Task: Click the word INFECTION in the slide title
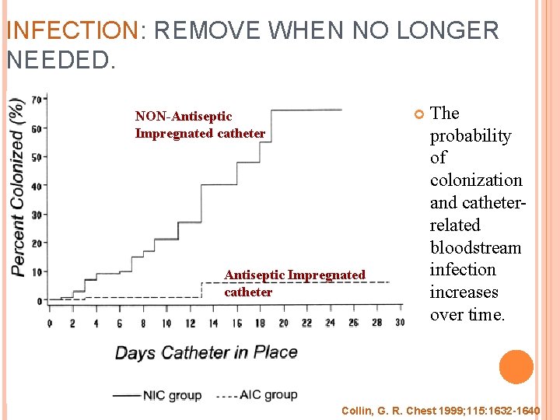[72, 31]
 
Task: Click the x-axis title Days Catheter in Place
[206, 352]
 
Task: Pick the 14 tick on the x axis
[213, 323]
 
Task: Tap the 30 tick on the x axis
[400, 323]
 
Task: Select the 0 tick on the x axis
[50, 323]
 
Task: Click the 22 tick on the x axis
[306, 323]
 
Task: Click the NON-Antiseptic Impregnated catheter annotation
[200, 124]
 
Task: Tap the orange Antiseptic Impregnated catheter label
[294, 283]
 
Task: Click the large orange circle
[516, 367]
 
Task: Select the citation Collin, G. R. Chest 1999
[440, 409]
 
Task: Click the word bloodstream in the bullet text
[475, 247]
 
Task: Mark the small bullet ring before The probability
[418, 114]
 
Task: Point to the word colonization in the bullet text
[475, 180]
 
